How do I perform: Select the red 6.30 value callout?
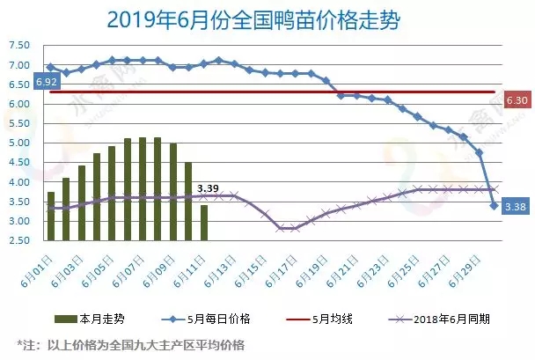(x=517, y=100)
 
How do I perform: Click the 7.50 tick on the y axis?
(x=18, y=46)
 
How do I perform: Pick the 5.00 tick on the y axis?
(x=18, y=143)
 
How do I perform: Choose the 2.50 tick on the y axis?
(x=18, y=239)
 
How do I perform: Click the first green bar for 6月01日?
(x=51, y=216)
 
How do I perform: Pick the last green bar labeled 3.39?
(x=204, y=222)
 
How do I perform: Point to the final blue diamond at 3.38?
(x=495, y=206)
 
